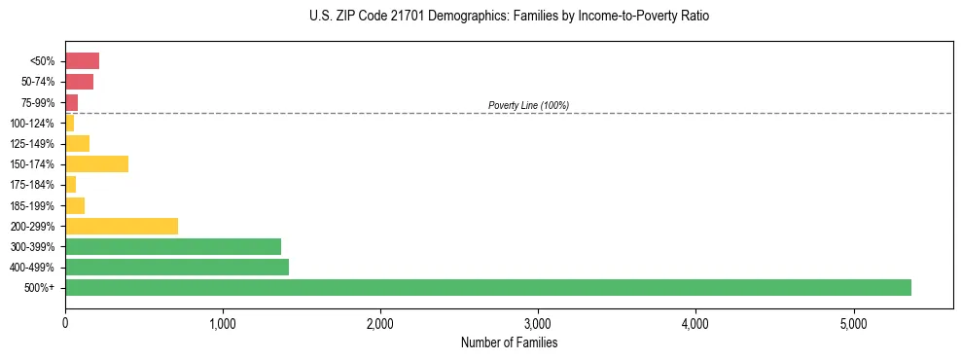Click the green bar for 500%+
click(487, 287)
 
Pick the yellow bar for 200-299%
click(122, 226)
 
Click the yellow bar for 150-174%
click(96, 163)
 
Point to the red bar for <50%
click(82, 60)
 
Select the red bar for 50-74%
click(79, 82)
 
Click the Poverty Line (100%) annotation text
click(528, 105)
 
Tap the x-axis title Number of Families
click(509, 342)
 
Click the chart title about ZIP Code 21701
click(509, 17)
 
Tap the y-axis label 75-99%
click(38, 102)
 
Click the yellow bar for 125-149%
click(77, 143)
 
